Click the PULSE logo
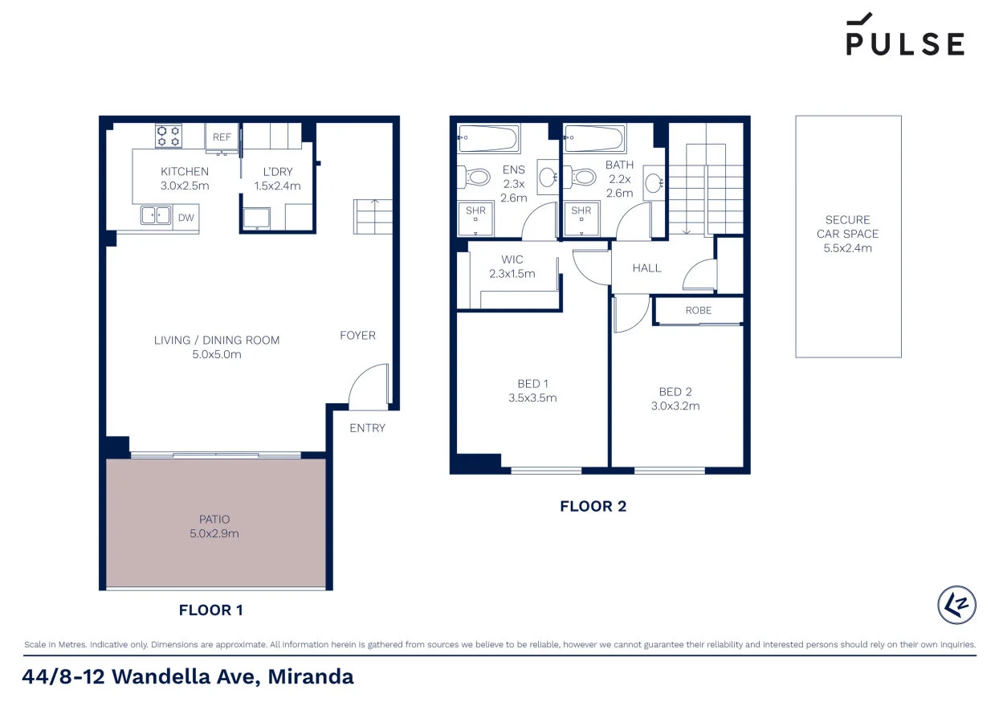pyautogui.click(x=905, y=36)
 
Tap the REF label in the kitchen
pyautogui.click(x=222, y=137)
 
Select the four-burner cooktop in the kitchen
pyautogui.click(x=169, y=135)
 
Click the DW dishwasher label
pyautogui.click(x=186, y=217)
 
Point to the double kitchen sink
pyautogui.click(x=156, y=215)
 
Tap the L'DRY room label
pyautogui.click(x=277, y=172)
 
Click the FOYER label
pyautogui.click(x=357, y=335)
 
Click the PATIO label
pyautogui.click(x=215, y=519)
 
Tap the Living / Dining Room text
pyautogui.click(x=217, y=340)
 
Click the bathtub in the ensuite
pyautogui.click(x=488, y=138)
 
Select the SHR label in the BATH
pyautogui.click(x=581, y=211)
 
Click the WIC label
pyautogui.click(x=512, y=259)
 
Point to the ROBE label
pyautogui.click(x=698, y=310)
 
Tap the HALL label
pyautogui.click(x=646, y=267)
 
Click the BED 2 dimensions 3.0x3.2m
pyautogui.click(x=675, y=406)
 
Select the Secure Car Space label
pyautogui.click(x=848, y=226)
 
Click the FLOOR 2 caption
pyautogui.click(x=593, y=506)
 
